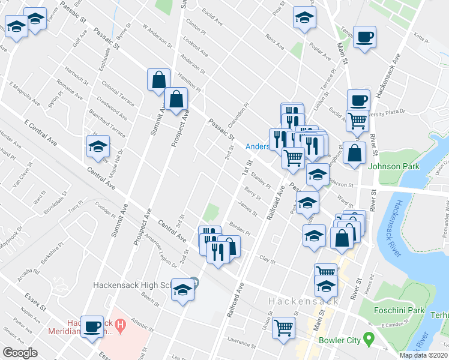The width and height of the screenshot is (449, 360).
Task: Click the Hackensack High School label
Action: click(x=135, y=284)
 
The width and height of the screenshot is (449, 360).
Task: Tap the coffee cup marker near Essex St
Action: click(x=92, y=327)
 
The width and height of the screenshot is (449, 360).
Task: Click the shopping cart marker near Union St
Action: click(x=283, y=328)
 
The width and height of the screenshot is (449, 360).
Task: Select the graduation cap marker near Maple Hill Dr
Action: click(x=98, y=147)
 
